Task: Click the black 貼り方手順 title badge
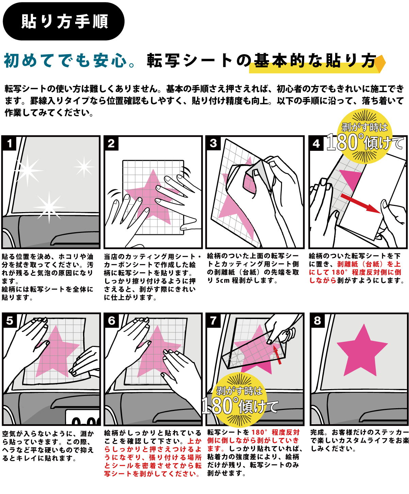(x=64, y=21)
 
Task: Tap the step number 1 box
(x=9, y=143)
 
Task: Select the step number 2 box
(x=111, y=143)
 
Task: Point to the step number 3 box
(x=213, y=143)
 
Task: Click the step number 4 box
(x=316, y=143)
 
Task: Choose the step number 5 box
(x=10, y=321)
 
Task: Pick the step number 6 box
(x=111, y=321)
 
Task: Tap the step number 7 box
(x=213, y=321)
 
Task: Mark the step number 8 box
(x=317, y=321)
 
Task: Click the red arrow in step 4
(x=361, y=204)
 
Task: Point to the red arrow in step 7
(x=277, y=355)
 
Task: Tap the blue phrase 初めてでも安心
(x=65, y=61)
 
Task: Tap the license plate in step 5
(x=82, y=417)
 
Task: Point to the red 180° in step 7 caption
(x=259, y=432)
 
